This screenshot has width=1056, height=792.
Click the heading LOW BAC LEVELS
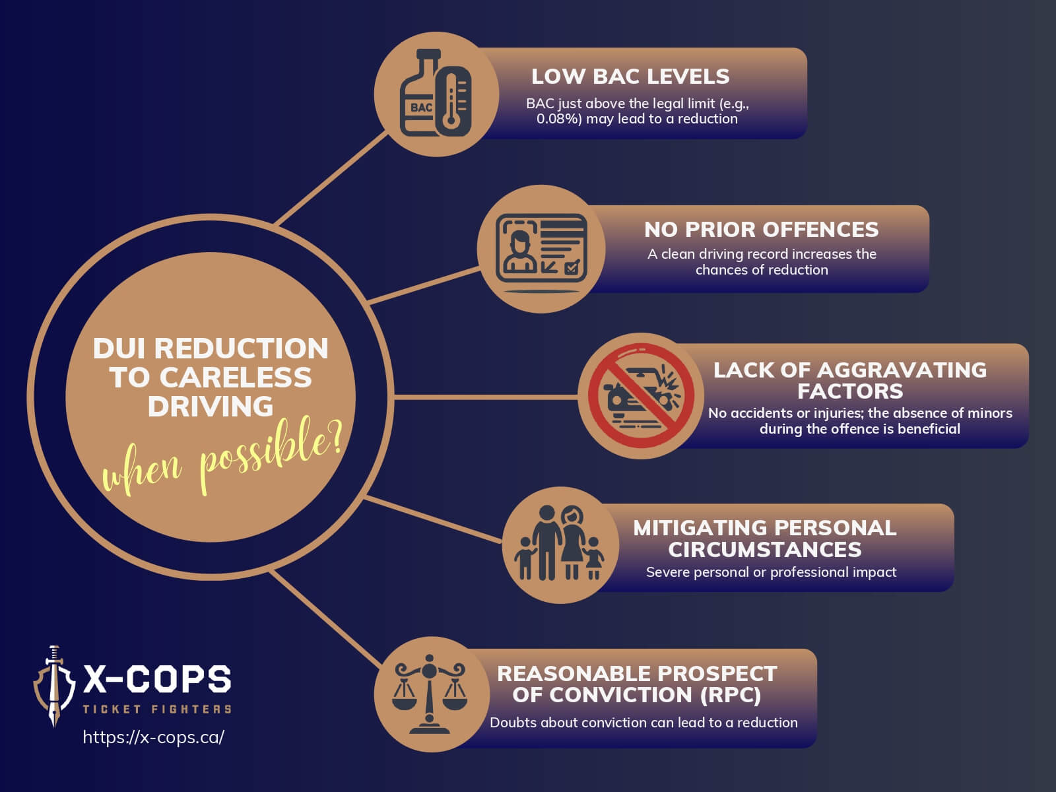pyautogui.click(x=630, y=77)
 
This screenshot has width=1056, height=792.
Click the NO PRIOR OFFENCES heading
pyautogui.click(x=761, y=229)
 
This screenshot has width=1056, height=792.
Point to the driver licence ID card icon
pyautogui.click(x=541, y=248)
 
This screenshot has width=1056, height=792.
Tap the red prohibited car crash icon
pyautogui.click(x=641, y=396)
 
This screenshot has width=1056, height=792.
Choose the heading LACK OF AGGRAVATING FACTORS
pyautogui.click(x=849, y=380)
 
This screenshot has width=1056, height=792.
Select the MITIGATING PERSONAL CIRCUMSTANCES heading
pyautogui.click(x=764, y=539)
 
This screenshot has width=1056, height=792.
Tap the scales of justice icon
pyautogui.click(x=430, y=694)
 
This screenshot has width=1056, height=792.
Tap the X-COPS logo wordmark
pyautogui.click(x=157, y=678)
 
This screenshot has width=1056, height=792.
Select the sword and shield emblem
pyautogui.click(x=53, y=686)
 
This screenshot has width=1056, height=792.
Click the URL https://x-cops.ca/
pyautogui.click(x=153, y=737)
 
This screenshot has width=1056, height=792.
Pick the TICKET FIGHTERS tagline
pyautogui.click(x=157, y=709)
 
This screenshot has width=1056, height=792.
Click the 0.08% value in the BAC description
pyautogui.click(x=558, y=119)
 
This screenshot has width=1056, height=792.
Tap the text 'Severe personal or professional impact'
pyautogui.click(x=771, y=572)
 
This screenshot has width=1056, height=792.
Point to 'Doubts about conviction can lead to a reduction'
pyautogui.click(x=643, y=723)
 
